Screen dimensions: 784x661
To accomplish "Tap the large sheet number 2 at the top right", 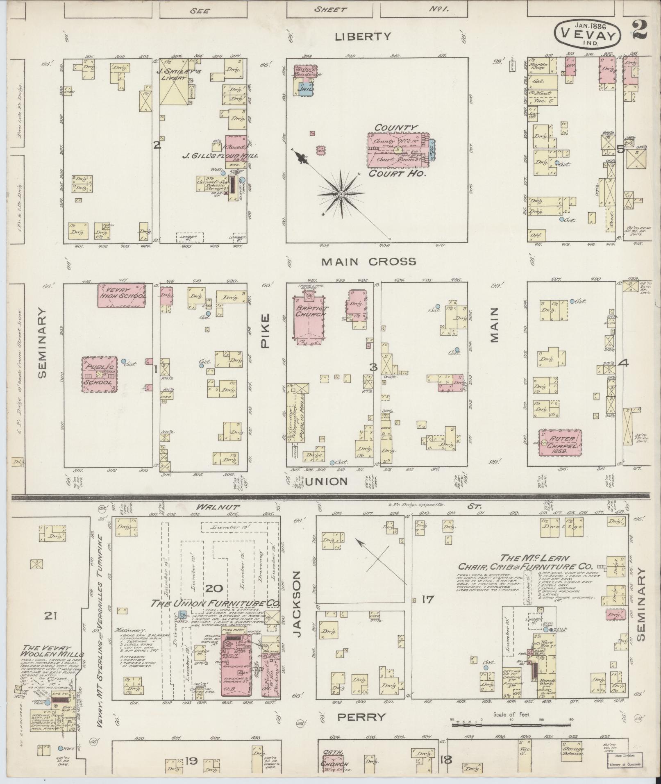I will pyautogui.click(x=640, y=30).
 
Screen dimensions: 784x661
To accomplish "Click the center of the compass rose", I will pyautogui.click(x=341, y=193).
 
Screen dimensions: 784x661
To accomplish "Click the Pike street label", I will pyautogui.click(x=266, y=325).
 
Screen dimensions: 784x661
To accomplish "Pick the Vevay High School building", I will pyautogui.click(x=121, y=295).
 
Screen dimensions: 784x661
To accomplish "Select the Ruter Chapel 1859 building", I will pyautogui.click(x=560, y=442).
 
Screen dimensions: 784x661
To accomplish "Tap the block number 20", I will pyautogui.click(x=214, y=589).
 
